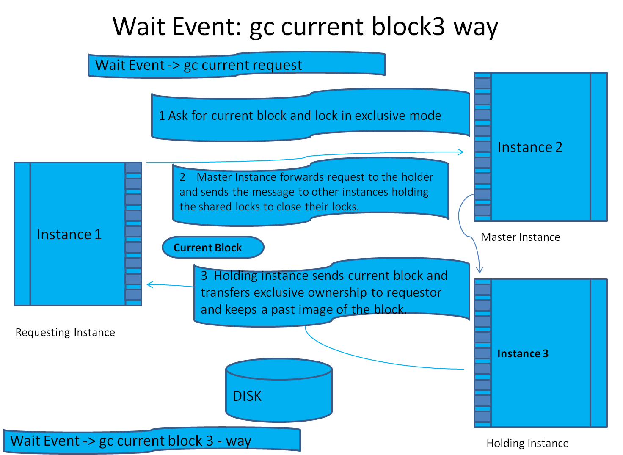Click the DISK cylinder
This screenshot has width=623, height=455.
(x=278, y=392)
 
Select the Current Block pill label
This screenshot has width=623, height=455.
(x=212, y=248)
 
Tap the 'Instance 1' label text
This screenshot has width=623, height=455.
(x=69, y=234)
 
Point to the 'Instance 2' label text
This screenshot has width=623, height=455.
(x=529, y=147)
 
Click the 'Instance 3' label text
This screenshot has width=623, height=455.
(x=523, y=353)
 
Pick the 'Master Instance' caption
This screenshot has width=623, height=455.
(x=521, y=237)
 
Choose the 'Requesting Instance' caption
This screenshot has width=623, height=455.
(x=65, y=332)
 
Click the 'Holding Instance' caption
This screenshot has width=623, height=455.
(x=527, y=443)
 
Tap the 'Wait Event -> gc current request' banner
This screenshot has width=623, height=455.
(x=236, y=65)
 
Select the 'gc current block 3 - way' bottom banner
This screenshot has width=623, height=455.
(x=152, y=441)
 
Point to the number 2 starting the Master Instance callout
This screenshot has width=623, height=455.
(x=182, y=177)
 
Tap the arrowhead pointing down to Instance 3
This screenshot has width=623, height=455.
(x=480, y=270)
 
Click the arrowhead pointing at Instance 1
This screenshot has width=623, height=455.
(x=149, y=285)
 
